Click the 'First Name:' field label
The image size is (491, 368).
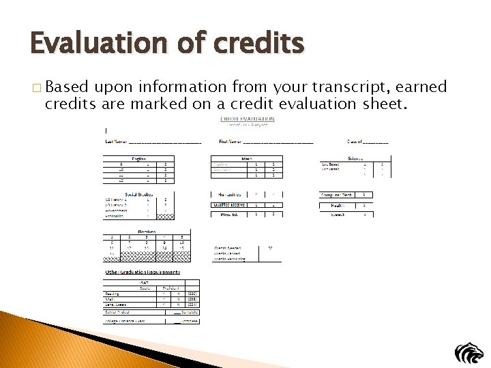coord(230,142)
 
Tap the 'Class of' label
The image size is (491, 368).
coord(354,142)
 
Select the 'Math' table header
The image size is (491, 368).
coord(247,158)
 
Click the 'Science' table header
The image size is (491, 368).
coord(356,158)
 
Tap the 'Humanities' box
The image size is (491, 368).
coord(227,194)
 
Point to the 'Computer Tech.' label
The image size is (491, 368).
coord(337,195)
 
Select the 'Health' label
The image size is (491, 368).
coord(338,204)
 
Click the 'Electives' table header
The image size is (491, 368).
coord(147,232)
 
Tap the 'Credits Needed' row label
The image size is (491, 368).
coord(228,248)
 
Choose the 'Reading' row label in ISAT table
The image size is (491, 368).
coord(113,294)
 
